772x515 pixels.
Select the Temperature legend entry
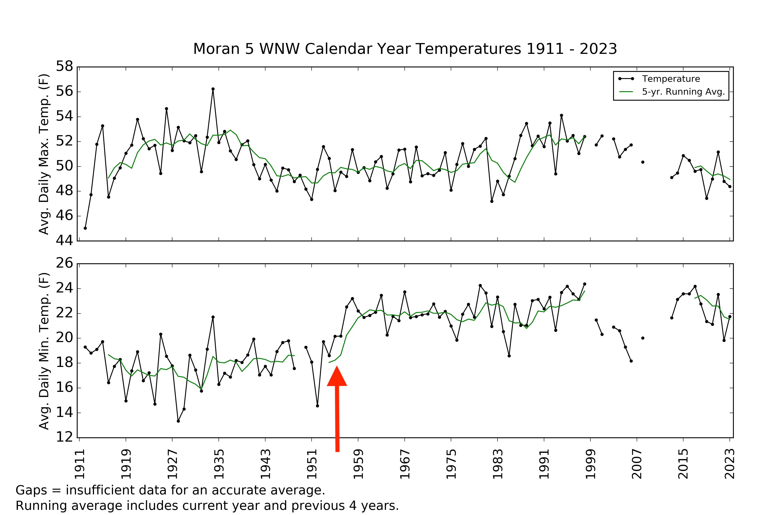coord(671,79)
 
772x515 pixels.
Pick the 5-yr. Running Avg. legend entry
coord(683,92)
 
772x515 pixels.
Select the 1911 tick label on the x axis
coord(80,464)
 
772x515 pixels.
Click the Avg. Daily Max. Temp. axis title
coord(44,154)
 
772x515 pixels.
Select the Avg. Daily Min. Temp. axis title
coord(44,351)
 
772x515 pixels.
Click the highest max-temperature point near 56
coord(213,89)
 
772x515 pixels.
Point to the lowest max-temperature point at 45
coord(85,228)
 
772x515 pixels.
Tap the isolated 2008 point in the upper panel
coord(643,162)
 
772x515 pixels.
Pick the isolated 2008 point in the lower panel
coord(643,338)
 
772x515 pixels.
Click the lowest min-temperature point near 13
coord(178,421)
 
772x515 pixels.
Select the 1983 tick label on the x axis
coord(498,464)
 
